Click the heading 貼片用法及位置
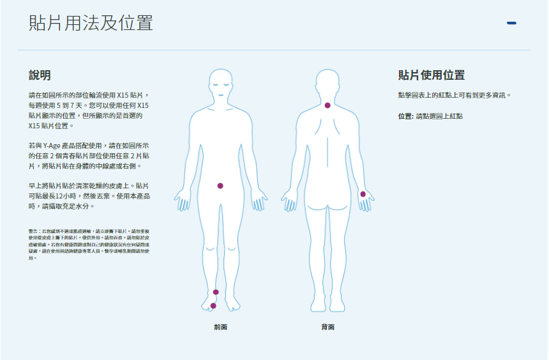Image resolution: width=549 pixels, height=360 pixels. coord(91,23)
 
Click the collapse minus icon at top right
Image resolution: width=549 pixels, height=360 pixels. coord(511,24)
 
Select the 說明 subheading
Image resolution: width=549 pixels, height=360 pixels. coord(40,75)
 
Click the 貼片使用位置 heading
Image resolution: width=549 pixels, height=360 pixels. coord(432,75)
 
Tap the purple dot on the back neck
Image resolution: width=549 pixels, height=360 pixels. coord(327,105)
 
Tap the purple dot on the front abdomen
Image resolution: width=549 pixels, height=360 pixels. coord(220,186)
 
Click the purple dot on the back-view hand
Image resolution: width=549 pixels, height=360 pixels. coord(363,194)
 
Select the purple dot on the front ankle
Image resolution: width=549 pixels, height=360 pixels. coord(216,292)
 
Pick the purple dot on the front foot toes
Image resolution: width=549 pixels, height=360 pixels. coord(213,306)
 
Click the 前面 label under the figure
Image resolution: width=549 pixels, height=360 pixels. coord(220,327)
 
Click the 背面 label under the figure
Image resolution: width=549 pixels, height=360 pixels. coord(327,327)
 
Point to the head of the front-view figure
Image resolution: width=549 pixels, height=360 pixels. coord(221,83)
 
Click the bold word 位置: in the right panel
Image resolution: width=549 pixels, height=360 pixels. coord(405,116)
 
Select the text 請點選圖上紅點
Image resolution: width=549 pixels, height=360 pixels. coord(439,116)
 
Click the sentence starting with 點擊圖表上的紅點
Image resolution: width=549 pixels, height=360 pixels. coord(455,95)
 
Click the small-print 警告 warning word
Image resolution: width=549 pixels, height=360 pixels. coord(33,230)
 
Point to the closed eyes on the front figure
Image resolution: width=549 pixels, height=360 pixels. coord(221,84)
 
